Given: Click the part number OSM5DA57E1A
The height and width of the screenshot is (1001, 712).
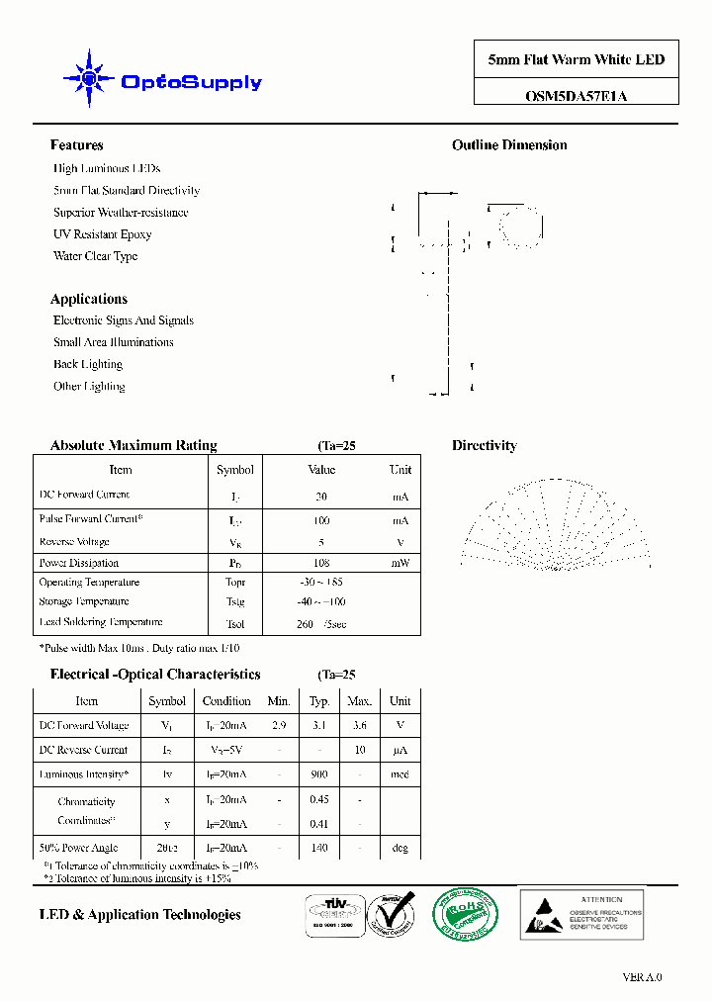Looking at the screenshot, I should (x=576, y=96).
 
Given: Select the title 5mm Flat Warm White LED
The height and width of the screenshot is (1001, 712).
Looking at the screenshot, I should (x=576, y=59).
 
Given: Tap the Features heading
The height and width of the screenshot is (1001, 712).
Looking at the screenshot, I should (x=76, y=145).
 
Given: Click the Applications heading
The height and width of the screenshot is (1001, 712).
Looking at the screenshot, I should (x=89, y=299).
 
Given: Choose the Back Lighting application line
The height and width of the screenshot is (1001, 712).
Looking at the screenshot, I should (x=88, y=364).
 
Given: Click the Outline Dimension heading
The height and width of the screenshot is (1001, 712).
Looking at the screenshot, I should (x=509, y=145).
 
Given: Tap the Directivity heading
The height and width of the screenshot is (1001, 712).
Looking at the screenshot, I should (x=484, y=446).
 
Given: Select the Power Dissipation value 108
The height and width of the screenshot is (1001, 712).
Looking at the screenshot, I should (x=321, y=563).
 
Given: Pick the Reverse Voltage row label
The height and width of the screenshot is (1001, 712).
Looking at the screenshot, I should (x=74, y=542).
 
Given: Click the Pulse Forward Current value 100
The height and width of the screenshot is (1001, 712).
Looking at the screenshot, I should (x=321, y=520).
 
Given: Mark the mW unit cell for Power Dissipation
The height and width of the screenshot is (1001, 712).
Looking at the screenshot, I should (x=400, y=563).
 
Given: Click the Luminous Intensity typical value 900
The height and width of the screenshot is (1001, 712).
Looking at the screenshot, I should (x=319, y=774).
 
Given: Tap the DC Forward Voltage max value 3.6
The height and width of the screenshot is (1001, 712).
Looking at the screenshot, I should (x=359, y=725).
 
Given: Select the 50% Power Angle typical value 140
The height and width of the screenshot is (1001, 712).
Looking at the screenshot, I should (x=319, y=848).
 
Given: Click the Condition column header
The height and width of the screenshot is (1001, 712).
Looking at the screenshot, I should (x=226, y=701).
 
